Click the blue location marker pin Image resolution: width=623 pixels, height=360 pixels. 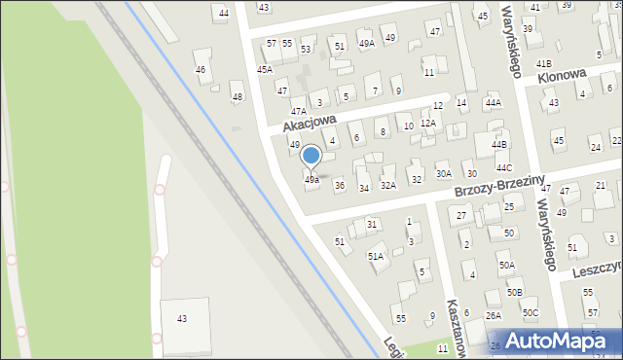311,157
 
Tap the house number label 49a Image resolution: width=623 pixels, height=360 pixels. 311,180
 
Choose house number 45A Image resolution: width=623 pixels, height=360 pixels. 265,70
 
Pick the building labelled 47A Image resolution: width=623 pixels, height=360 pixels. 271,112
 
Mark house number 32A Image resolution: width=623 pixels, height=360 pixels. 388,185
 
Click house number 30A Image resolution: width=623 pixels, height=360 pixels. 443,174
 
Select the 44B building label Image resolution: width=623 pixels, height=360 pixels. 499,145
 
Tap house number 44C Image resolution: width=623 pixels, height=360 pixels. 503,168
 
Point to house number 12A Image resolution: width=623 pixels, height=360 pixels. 427,124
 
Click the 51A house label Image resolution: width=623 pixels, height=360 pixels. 375,256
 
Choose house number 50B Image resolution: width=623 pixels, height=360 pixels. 514,292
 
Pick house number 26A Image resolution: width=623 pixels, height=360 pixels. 494,315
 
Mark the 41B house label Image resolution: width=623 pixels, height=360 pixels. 543,63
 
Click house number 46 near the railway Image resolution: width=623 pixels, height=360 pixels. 201,70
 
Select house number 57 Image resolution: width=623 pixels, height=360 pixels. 272,44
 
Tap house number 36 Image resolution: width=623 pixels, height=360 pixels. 339,185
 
